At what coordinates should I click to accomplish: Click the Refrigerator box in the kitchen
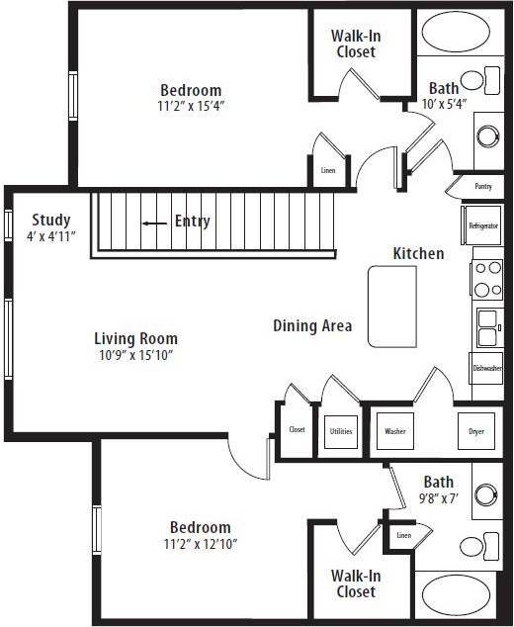point(483,225)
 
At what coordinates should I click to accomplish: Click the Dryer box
point(475,431)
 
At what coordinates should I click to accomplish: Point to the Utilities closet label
point(339,431)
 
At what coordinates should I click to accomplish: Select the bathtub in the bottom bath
point(456,596)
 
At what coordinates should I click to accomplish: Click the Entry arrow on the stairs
point(153,223)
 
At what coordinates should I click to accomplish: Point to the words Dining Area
point(312,325)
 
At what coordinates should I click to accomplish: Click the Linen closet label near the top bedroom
point(328,170)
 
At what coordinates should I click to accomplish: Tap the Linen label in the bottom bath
point(403,535)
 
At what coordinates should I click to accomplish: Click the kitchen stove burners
point(485,279)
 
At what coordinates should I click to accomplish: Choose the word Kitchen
point(418,253)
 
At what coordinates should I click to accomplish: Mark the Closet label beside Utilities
point(297,430)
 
